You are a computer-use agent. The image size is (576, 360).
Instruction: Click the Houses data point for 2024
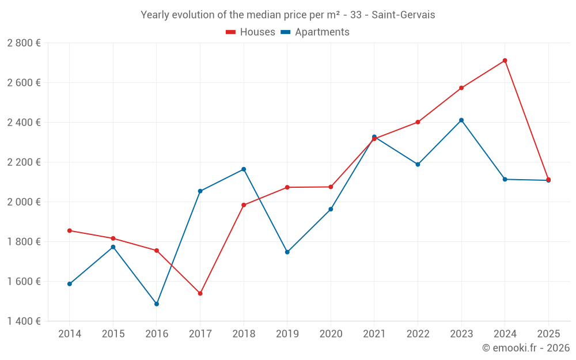coord(505,60)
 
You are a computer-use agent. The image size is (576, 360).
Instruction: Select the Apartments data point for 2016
coord(157,304)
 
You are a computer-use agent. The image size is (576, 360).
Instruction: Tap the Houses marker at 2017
coord(200,293)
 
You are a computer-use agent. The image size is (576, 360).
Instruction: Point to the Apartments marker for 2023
coord(461,120)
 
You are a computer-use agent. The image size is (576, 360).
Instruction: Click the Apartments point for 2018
coord(244,169)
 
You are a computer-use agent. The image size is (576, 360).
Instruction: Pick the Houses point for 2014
coord(70,230)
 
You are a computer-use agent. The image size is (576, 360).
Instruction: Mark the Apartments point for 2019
coord(287,252)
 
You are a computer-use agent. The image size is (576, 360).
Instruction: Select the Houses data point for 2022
coord(418,122)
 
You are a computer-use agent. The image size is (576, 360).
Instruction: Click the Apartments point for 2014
coord(70,284)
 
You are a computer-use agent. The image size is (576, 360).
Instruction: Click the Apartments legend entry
coord(315,32)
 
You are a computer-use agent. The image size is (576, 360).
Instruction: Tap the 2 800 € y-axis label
coord(24,43)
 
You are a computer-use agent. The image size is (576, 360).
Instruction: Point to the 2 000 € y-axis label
coord(24,202)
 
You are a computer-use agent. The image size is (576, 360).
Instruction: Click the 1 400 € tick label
coord(24,321)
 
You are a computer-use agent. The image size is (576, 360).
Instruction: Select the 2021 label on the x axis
coord(374,334)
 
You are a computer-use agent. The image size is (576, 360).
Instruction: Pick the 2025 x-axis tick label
coord(548,334)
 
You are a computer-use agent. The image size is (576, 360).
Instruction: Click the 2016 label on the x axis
coord(157,334)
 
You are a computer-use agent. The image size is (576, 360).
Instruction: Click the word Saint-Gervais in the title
coord(403,14)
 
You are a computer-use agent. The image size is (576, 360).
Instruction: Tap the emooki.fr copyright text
coord(525,348)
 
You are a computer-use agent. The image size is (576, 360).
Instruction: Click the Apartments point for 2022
coord(418,164)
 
